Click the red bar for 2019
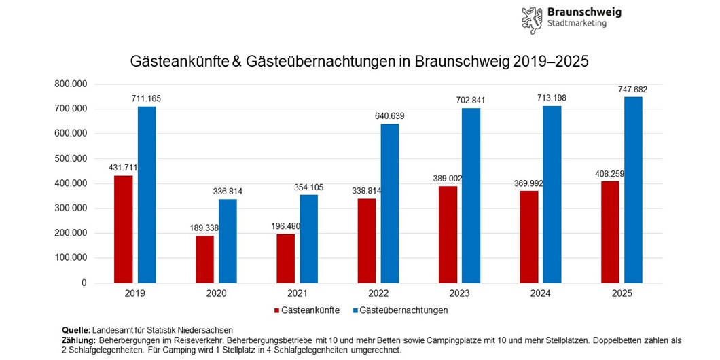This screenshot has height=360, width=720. [x=123, y=229]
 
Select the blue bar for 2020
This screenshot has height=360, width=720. [x=228, y=241]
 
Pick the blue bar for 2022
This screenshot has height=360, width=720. [x=389, y=203]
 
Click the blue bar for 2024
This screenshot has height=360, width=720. [x=552, y=194]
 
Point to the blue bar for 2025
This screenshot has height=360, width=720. [x=633, y=190]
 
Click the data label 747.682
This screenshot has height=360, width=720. [x=633, y=90]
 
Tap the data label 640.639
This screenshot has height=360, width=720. [x=389, y=116]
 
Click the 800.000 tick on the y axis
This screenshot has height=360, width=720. [x=70, y=84]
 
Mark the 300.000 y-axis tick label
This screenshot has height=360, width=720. [x=70, y=208]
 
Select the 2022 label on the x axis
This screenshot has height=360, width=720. [x=378, y=293]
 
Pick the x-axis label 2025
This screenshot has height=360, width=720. [x=622, y=293]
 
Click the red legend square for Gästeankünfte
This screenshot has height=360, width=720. [x=277, y=310]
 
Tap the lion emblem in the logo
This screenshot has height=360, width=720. [x=532, y=20]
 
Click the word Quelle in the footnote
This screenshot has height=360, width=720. [x=75, y=329]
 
